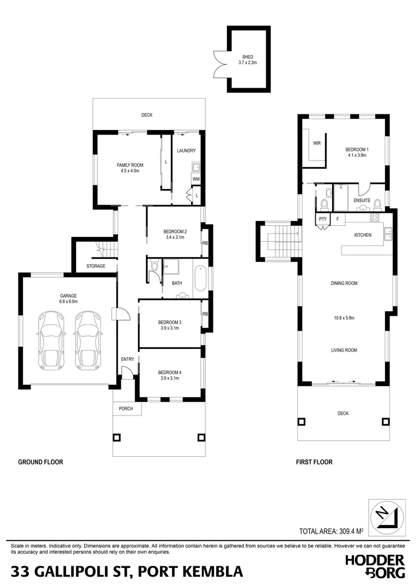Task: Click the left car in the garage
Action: tap(51, 340)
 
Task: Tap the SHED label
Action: tap(247, 57)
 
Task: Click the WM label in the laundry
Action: tap(195, 179)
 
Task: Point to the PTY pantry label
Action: tap(322, 219)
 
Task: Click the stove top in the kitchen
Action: tap(375, 217)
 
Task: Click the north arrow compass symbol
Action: tap(387, 516)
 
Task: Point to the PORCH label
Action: tap(126, 409)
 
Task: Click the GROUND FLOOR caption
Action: tap(41, 462)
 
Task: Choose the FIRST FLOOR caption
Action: tap(314, 462)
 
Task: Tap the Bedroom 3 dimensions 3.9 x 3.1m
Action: tap(170, 328)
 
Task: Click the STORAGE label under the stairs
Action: tap(96, 266)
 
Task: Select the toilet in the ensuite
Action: tap(325, 204)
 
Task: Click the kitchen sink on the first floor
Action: tap(389, 234)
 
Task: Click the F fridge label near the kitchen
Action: tap(337, 219)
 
